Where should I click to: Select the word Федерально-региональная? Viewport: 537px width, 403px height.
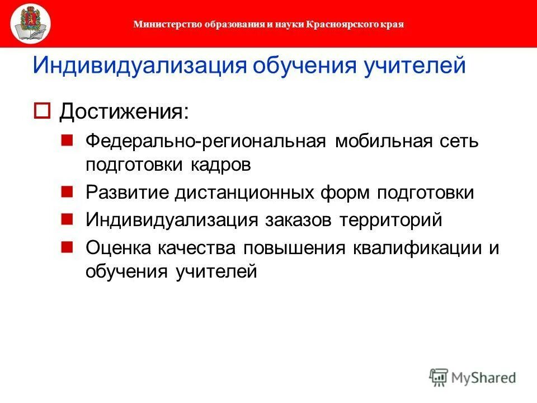pyautogui.click(x=205, y=141)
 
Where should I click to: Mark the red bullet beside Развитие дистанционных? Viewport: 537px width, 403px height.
pyautogui.click(x=67, y=191)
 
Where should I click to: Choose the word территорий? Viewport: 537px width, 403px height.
pyautogui.click(x=390, y=219)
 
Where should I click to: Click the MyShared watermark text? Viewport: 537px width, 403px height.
pyautogui.click(x=484, y=377)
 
